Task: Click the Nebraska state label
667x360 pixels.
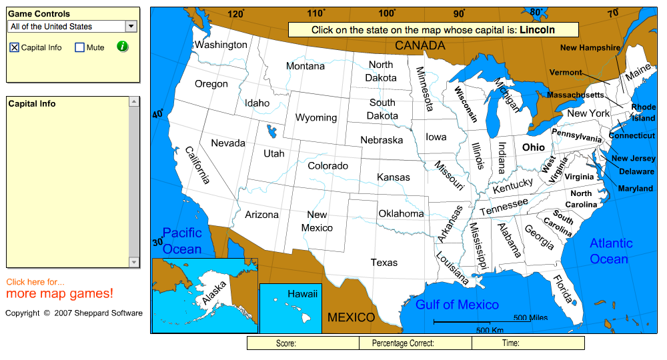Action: pyautogui.click(x=382, y=140)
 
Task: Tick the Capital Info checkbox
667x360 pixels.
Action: pyautogui.click(x=14, y=47)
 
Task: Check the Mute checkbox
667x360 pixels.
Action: pyautogui.click(x=79, y=47)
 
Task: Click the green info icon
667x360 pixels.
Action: pyautogui.click(x=122, y=47)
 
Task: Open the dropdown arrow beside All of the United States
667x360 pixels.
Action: pyautogui.click(x=131, y=27)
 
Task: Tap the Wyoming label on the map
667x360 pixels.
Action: pyautogui.click(x=316, y=117)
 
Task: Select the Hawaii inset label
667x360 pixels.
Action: pyautogui.click(x=303, y=293)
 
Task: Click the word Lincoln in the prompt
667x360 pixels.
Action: pyautogui.click(x=537, y=30)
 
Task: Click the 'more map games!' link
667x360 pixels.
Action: pyautogui.click(x=60, y=294)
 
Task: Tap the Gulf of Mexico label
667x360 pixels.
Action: pyautogui.click(x=457, y=305)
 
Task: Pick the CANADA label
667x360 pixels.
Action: pyautogui.click(x=420, y=45)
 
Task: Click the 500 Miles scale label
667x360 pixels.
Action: pyautogui.click(x=530, y=318)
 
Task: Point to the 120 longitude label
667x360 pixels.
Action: pyautogui.click(x=235, y=13)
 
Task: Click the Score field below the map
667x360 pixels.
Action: pyautogui.click(x=303, y=343)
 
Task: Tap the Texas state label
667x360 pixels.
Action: pyautogui.click(x=384, y=263)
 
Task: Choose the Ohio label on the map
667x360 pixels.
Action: pyautogui.click(x=533, y=147)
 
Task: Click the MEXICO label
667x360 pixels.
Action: pyautogui.click(x=351, y=317)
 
